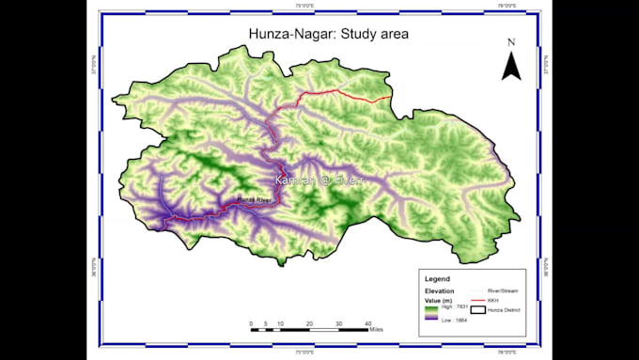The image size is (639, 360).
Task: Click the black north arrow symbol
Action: tap(511, 66)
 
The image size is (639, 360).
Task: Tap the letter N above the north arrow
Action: tap(511, 42)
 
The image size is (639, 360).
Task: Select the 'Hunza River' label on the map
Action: tap(254, 200)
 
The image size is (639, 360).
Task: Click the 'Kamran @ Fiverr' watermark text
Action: tap(319, 179)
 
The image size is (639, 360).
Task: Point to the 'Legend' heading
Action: tap(438, 279)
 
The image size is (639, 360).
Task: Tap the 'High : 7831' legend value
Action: tap(455, 306)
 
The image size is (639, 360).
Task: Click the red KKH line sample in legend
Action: tap(480, 300)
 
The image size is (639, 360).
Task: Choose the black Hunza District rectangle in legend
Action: tap(480, 309)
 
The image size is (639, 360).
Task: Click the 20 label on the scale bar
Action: tap(309, 323)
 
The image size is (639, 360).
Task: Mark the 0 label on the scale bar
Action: tap(252, 323)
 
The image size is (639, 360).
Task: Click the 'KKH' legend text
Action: tap(494, 300)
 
